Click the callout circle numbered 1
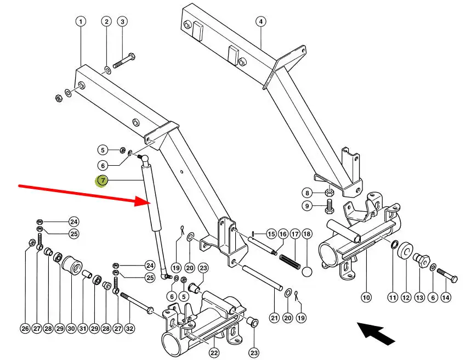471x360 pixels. click(x=81, y=22)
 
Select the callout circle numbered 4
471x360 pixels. click(x=260, y=22)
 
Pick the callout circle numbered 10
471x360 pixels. click(x=366, y=297)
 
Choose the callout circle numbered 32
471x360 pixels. click(x=129, y=329)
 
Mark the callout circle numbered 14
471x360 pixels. click(x=446, y=297)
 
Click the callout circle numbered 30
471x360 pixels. click(x=71, y=329)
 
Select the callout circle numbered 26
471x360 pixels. click(x=25, y=329)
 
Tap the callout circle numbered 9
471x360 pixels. click(x=308, y=206)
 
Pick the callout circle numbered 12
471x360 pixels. click(x=406, y=297)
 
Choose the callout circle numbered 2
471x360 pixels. click(x=106, y=22)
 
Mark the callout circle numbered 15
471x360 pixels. click(x=271, y=234)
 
